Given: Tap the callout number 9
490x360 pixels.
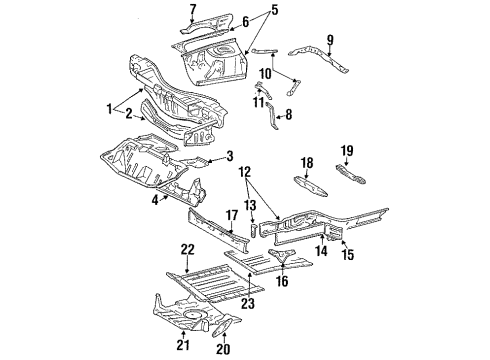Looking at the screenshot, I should (x=330, y=42).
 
